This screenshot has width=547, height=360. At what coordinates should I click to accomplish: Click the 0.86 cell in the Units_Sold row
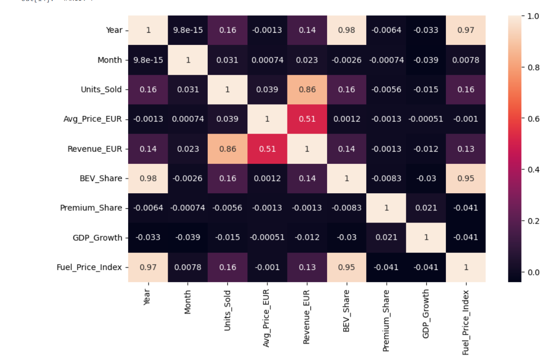307,90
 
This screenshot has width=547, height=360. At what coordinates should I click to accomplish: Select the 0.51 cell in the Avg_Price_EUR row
307,119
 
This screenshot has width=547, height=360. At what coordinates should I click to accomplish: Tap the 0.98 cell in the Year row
347,30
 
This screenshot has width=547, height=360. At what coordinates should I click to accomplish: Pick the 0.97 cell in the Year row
466,30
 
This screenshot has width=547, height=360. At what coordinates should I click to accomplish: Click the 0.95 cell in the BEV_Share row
466,179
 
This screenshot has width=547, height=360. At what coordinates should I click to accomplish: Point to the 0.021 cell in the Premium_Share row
426,208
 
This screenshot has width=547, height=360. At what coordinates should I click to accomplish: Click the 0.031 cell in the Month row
227,60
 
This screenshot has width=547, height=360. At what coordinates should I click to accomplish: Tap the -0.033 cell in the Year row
426,30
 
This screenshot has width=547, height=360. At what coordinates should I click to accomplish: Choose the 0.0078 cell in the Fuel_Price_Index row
188,267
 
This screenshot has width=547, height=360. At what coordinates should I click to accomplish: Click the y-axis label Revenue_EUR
95,149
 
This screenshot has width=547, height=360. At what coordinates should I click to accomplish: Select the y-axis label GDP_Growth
98,238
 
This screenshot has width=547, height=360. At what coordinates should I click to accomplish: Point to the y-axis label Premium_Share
91,208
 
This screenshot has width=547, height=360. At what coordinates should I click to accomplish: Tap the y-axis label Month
109,60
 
